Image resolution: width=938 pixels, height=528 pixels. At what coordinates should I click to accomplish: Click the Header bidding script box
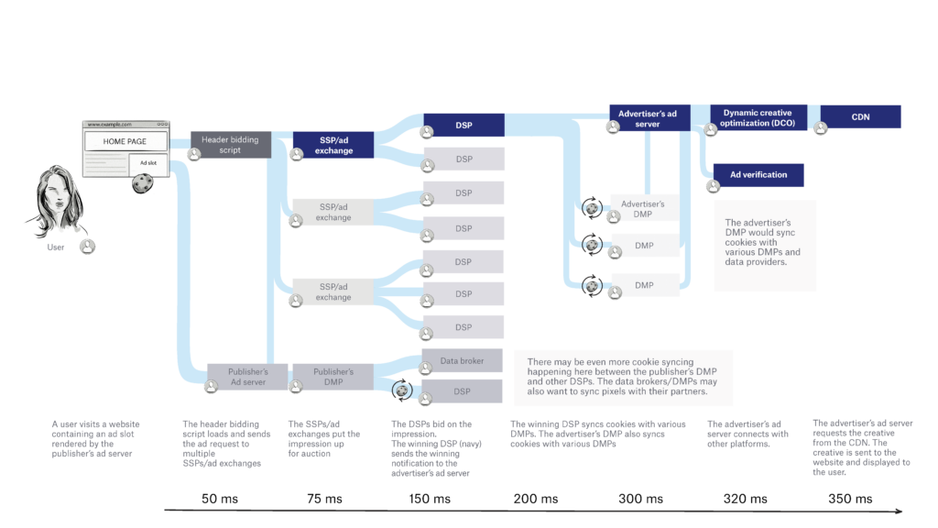point(231,145)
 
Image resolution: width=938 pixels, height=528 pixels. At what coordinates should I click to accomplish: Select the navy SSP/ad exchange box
point(333,146)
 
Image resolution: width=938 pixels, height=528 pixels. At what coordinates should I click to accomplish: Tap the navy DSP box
point(464,126)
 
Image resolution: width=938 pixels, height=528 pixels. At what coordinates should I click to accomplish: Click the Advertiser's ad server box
point(648,118)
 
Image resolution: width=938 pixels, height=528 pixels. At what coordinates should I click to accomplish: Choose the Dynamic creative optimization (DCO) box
point(758,118)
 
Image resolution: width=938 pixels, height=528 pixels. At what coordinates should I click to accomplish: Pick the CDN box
point(860,117)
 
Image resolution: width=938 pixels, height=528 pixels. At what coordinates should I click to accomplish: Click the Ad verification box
point(758,175)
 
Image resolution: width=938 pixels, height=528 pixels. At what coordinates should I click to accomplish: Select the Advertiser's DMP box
point(643,208)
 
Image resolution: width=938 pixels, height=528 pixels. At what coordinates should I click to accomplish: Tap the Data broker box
point(462,360)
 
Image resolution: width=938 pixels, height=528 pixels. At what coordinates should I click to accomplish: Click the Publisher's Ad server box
point(247,377)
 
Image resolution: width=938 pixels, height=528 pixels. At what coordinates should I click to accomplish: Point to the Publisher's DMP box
point(333,377)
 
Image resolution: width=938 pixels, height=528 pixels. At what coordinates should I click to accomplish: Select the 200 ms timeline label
point(535,499)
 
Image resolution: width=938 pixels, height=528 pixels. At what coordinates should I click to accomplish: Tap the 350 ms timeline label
point(850,499)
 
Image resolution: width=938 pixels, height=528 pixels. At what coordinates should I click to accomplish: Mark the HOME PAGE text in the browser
point(125,141)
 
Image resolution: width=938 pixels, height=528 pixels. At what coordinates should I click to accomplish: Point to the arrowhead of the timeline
point(899,511)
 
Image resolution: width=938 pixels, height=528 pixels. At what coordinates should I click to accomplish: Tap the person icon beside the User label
point(87,247)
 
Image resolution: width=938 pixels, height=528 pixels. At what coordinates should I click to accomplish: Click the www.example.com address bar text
point(110,124)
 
